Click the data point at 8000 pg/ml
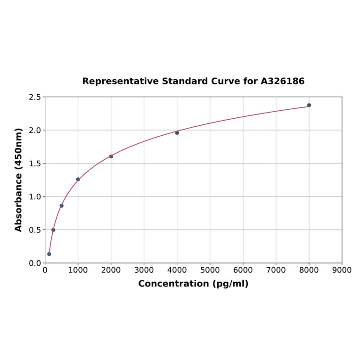pyautogui.click(x=309, y=105)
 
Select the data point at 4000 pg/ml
pyautogui.click(x=177, y=133)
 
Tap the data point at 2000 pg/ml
pyautogui.click(x=111, y=156)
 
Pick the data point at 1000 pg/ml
pyautogui.click(x=78, y=179)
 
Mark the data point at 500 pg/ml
pyautogui.click(x=61, y=205)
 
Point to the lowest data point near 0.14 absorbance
pyautogui.click(x=49, y=254)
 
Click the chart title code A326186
pyautogui.click(x=283, y=81)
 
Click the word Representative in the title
pyautogui.click(x=121, y=81)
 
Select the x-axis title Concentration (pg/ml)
pyautogui.click(x=193, y=284)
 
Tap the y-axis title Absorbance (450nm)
pyautogui.click(x=19, y=180)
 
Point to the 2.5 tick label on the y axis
pyautogui.click(x=34, y=97)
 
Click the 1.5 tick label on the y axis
pyautogui.click(x=34, y=164)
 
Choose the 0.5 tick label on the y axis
pyautogui.click(x=34, y=230)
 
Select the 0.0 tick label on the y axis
pyautogui.click(x=34, y=263)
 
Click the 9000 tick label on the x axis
pyautogui.click(x=342, y=270)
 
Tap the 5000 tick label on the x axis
pyautogui.click(x=210, y=270)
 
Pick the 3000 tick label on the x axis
pyautogui.click(x=144, y=270)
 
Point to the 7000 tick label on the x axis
pyautogui.click(x=276, y=270)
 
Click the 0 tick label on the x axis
pyautogui.click(x=45, y=270)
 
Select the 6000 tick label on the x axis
pyautogui.click(x=243, y=270)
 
